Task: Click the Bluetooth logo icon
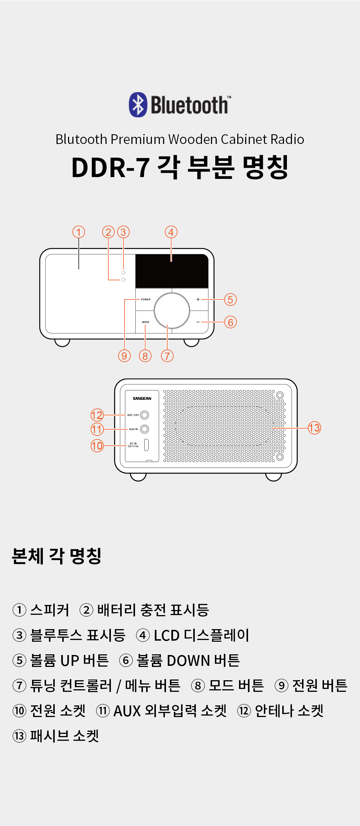point(138,105)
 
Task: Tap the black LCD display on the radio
point(172,271)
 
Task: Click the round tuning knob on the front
point(172,311)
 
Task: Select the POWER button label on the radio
point(146,299)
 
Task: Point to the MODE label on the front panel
point(145,322)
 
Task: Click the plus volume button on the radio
point(198,299)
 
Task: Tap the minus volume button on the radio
point(198,322)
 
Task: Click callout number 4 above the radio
point(171,232)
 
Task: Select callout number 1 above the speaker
point(79,232)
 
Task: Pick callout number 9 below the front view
point(124,356)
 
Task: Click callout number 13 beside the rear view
point(314,428)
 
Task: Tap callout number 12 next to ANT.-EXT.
point(97,415)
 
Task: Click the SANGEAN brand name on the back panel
point(142,398)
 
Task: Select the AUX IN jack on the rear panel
point(145,429)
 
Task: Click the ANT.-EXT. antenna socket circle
point(145,415)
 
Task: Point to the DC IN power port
point(147,445)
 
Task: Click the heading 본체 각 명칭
point(57,556)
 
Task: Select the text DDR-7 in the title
point(111,168)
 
